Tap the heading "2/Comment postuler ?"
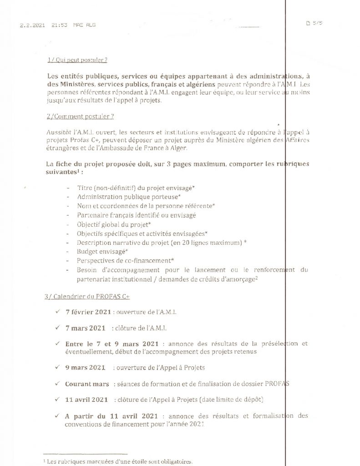coord(80,116)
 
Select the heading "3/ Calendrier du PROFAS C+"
coord(87,296)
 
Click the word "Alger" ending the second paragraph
coord(178,148)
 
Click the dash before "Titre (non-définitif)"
coord(68,188)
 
